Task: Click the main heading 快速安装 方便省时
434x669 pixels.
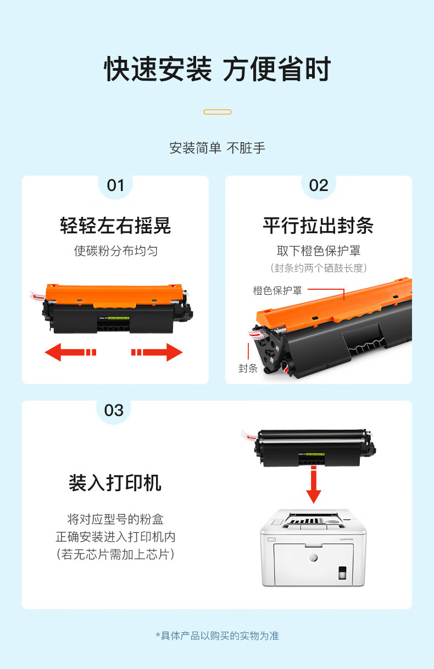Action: tap(218, 69)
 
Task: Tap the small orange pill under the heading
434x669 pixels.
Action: tap(218, 112)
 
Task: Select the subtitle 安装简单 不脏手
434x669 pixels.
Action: tap(218, 148)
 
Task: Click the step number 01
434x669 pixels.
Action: tap(115, 185)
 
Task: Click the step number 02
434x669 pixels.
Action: tap(319, 185)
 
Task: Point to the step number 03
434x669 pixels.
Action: tap(114, 411)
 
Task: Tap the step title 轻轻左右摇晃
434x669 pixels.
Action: tap(115, 226)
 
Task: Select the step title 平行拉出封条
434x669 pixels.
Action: tap(318, 226)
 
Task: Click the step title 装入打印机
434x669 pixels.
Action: tap(115, 482)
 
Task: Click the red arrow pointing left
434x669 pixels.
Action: tap(70, 352)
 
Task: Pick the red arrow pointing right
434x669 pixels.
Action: tap(157, 352)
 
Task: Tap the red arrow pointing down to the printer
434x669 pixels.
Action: tap(314, 485)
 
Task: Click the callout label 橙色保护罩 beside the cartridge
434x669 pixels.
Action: tap(277, 290)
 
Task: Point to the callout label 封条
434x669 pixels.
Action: tap(248, 368)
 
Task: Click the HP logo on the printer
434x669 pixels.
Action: tap(314, 557)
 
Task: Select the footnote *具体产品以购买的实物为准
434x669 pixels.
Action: tap(218, 636)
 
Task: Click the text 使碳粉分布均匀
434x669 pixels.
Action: tap(116, 251)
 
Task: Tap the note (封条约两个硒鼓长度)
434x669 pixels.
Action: tap(319, 268)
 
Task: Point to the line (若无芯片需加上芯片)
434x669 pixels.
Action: tap(115, 554)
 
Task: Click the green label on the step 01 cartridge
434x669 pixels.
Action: tap(118, 318)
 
